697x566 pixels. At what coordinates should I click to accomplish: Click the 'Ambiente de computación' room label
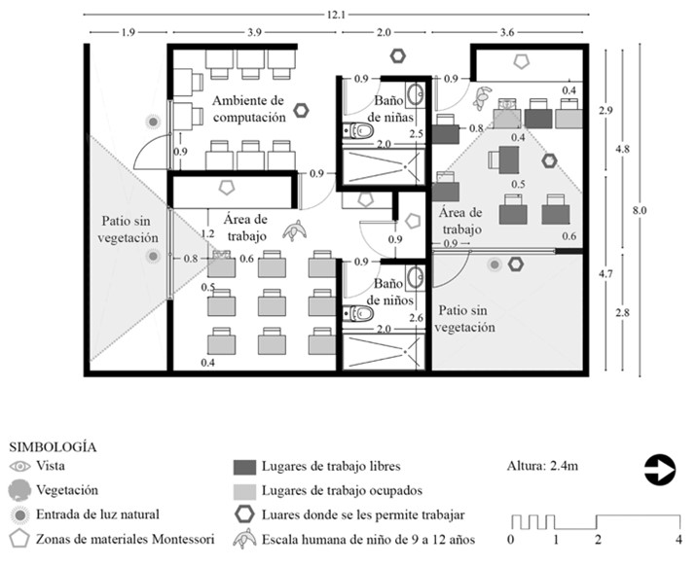pos(248,109)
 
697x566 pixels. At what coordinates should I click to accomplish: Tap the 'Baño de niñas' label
pos(387,109)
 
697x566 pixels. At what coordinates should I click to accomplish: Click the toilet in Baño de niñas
pos(351,131)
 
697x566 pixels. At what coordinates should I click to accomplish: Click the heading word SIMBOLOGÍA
pos(53,447)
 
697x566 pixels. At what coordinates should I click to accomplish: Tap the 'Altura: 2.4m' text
pos(543,467)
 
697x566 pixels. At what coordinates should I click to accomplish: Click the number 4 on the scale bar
pos(677,539)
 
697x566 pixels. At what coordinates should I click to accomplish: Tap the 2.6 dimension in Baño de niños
pos(417,317)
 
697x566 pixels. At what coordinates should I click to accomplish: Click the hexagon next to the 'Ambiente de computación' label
pos(302,110)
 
